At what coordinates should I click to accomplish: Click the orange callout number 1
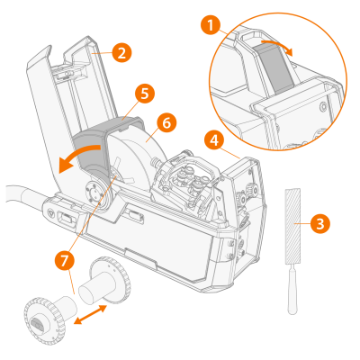click(211, 25)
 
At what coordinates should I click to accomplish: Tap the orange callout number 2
click(121, 53)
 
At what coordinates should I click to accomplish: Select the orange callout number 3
click(320, 224)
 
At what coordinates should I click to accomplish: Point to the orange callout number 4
click(214, 141)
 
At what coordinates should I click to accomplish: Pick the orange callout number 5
click(145, 94)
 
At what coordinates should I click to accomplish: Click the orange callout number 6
click(166, 122)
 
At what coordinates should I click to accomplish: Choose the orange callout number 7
click(65, 261)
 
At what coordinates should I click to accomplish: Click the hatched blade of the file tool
click(292, 226)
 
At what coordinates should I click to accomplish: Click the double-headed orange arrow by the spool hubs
click(91, 314)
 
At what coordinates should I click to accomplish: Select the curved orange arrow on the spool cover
click(78, 156)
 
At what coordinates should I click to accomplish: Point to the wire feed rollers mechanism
click(189, 180)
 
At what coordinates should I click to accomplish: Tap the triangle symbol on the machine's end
click(50, 213)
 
